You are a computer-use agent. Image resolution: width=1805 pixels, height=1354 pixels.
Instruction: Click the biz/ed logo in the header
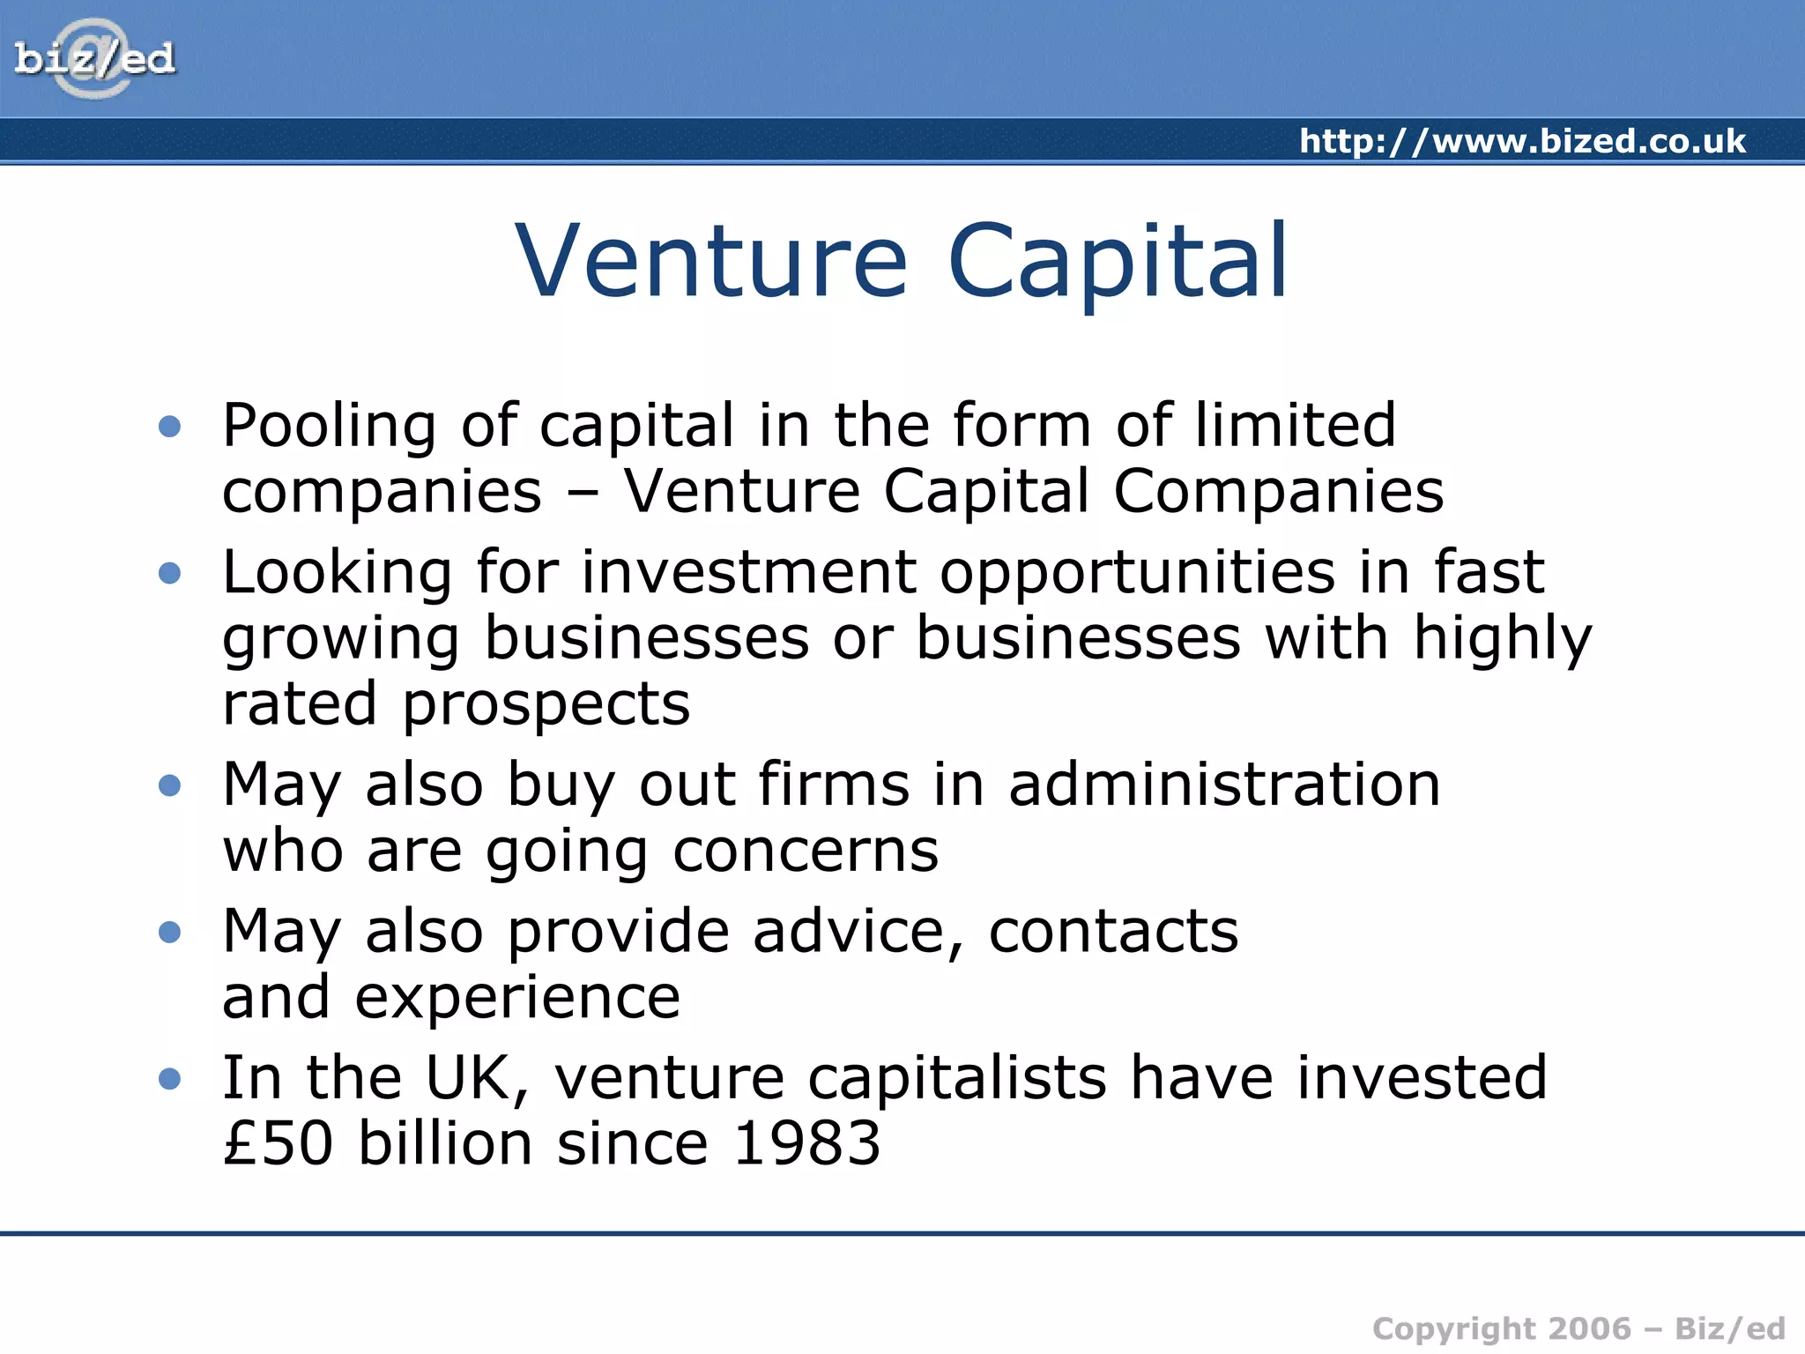click(94, 59)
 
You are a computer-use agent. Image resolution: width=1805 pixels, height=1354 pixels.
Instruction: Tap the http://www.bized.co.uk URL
click(1522, 142)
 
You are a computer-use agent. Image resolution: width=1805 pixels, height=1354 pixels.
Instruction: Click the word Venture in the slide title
click(710, 262)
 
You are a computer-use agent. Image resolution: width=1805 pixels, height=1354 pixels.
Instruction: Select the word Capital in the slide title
click(1118, 262)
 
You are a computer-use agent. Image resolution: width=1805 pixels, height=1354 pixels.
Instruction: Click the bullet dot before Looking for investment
click(169, 574)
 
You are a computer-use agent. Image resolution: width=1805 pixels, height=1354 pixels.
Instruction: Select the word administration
click(1224, 785)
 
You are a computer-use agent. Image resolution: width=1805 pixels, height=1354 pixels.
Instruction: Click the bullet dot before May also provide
click(169, 932)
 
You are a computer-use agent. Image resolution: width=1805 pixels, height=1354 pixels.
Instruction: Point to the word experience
click(517, 1000)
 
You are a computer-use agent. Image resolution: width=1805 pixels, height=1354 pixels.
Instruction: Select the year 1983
click(806, 1144)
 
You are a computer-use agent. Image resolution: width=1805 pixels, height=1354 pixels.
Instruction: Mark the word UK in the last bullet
click(476, 1078)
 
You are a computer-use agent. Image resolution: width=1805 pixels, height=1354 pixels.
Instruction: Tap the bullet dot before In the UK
click(169, 1078)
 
